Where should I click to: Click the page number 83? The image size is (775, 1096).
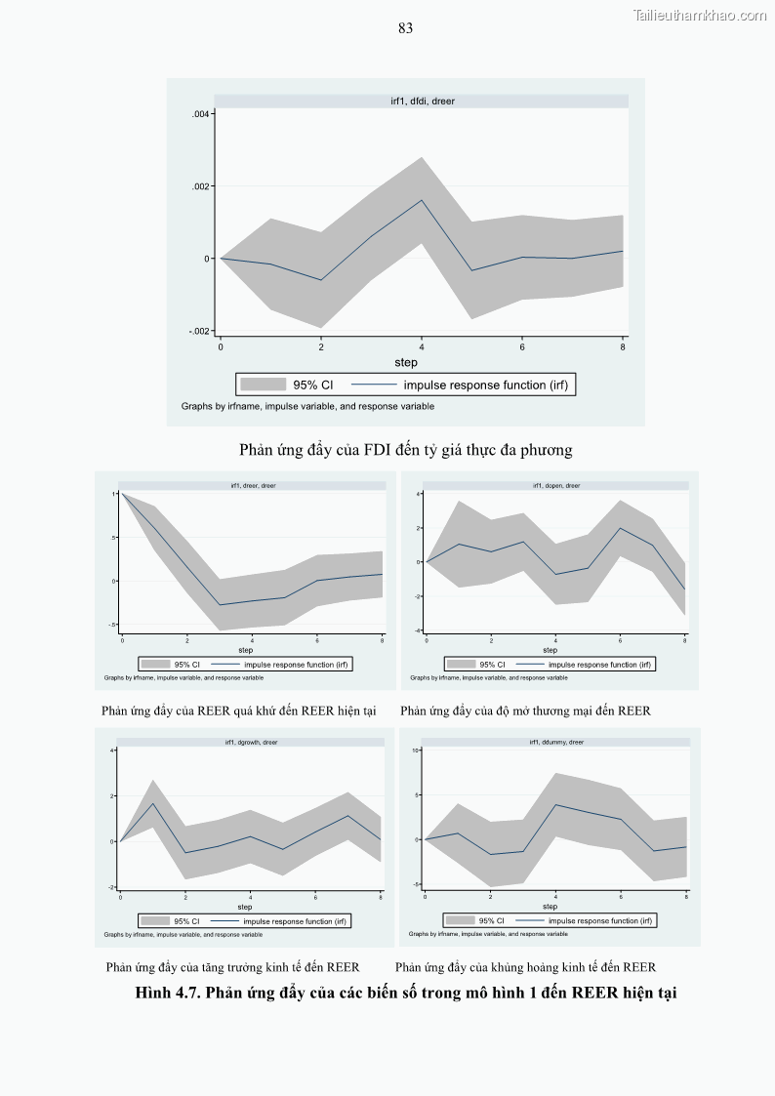coord(405,28)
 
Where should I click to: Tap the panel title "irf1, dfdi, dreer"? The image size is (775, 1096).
coord(421,101)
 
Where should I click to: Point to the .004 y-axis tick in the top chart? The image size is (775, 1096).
coord(201,114)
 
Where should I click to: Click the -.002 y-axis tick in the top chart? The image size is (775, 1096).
coord(199,331)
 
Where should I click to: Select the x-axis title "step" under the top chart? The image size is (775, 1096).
coord(406,362)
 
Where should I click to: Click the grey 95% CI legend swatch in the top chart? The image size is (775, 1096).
coord(263,385)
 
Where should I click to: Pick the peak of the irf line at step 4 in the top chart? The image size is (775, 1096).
coord(422,200)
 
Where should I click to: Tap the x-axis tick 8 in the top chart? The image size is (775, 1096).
coord(623,346)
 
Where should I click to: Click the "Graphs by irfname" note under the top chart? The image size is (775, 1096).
coord(307,406)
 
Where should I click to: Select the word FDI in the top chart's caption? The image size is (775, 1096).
coord(378,450)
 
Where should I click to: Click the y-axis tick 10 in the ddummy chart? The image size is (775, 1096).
coord(416,750)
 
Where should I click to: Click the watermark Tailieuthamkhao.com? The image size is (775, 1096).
coord(699,15)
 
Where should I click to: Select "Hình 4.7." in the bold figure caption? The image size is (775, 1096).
coord(169,994)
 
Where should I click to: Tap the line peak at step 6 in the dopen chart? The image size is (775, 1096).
coord(621,528)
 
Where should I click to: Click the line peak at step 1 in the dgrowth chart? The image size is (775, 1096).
coord(153,803)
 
